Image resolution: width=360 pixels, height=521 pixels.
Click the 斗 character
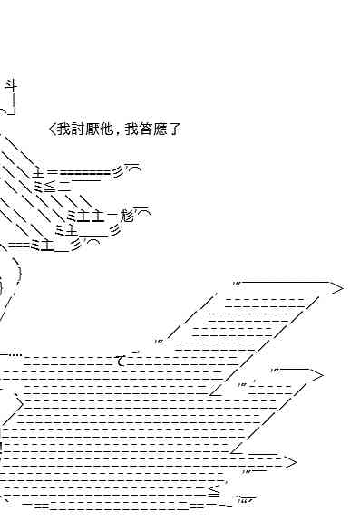click(11, 86)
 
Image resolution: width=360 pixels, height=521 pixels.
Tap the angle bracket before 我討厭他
click(54, 130)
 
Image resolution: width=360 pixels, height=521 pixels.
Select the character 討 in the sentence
click(78, 130)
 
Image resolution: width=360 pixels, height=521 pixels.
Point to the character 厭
click(92, 130)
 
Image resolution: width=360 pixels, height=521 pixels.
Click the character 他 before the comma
click(106, 130)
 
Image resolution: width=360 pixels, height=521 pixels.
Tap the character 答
click(146, 130)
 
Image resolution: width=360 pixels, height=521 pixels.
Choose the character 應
click(160, 130)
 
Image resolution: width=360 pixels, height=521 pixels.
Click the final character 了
click(173, 130)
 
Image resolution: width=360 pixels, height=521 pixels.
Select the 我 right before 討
click(64, 130)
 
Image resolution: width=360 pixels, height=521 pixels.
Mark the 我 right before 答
click(131, 130)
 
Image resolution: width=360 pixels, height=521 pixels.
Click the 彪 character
click(126, 216)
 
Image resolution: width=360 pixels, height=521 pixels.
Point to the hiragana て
click(121, 361)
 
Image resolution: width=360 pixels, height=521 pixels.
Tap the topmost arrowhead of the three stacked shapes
click(336, 288)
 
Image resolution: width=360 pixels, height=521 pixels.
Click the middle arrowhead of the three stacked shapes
click(316, 375)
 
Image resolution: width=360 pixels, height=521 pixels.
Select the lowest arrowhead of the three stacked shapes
click(289, 462)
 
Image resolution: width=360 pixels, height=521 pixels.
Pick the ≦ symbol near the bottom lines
click(214, 491)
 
